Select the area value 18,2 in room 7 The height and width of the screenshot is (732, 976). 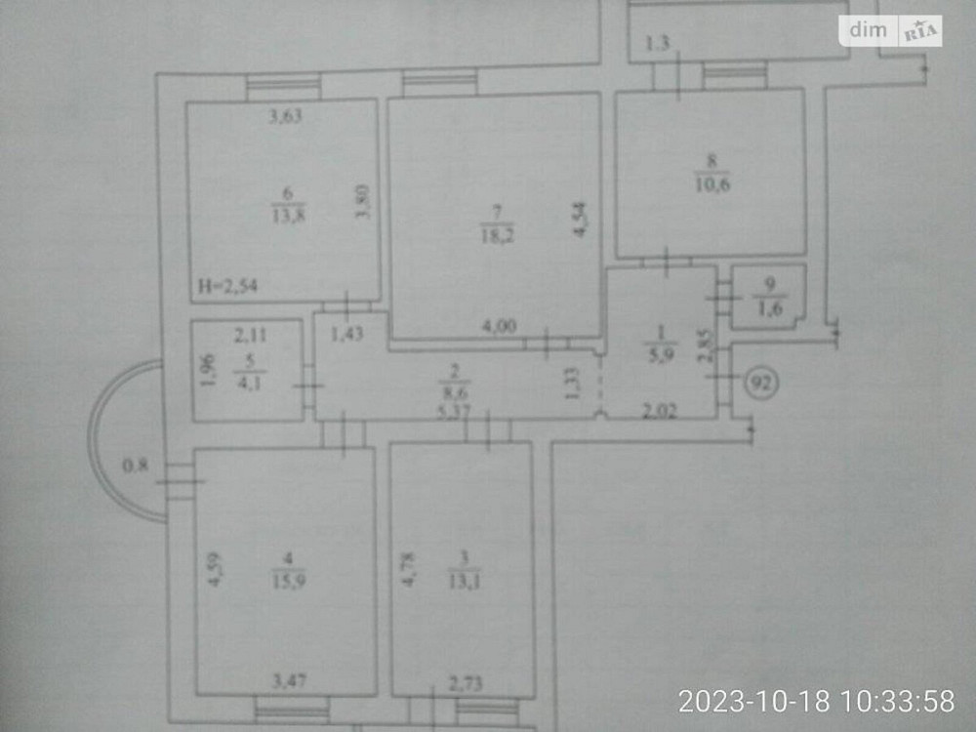(x=494, y=232)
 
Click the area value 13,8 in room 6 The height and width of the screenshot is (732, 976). (x=288, y=217)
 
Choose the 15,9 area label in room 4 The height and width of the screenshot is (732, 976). (x=288, y=578)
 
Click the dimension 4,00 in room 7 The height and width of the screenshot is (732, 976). (x=500, y=327)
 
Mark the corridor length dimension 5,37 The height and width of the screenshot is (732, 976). (x=456, y=411)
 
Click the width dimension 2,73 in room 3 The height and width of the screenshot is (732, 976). (x=465, y=687)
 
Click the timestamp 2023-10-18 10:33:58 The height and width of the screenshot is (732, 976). (x=816, y=700)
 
